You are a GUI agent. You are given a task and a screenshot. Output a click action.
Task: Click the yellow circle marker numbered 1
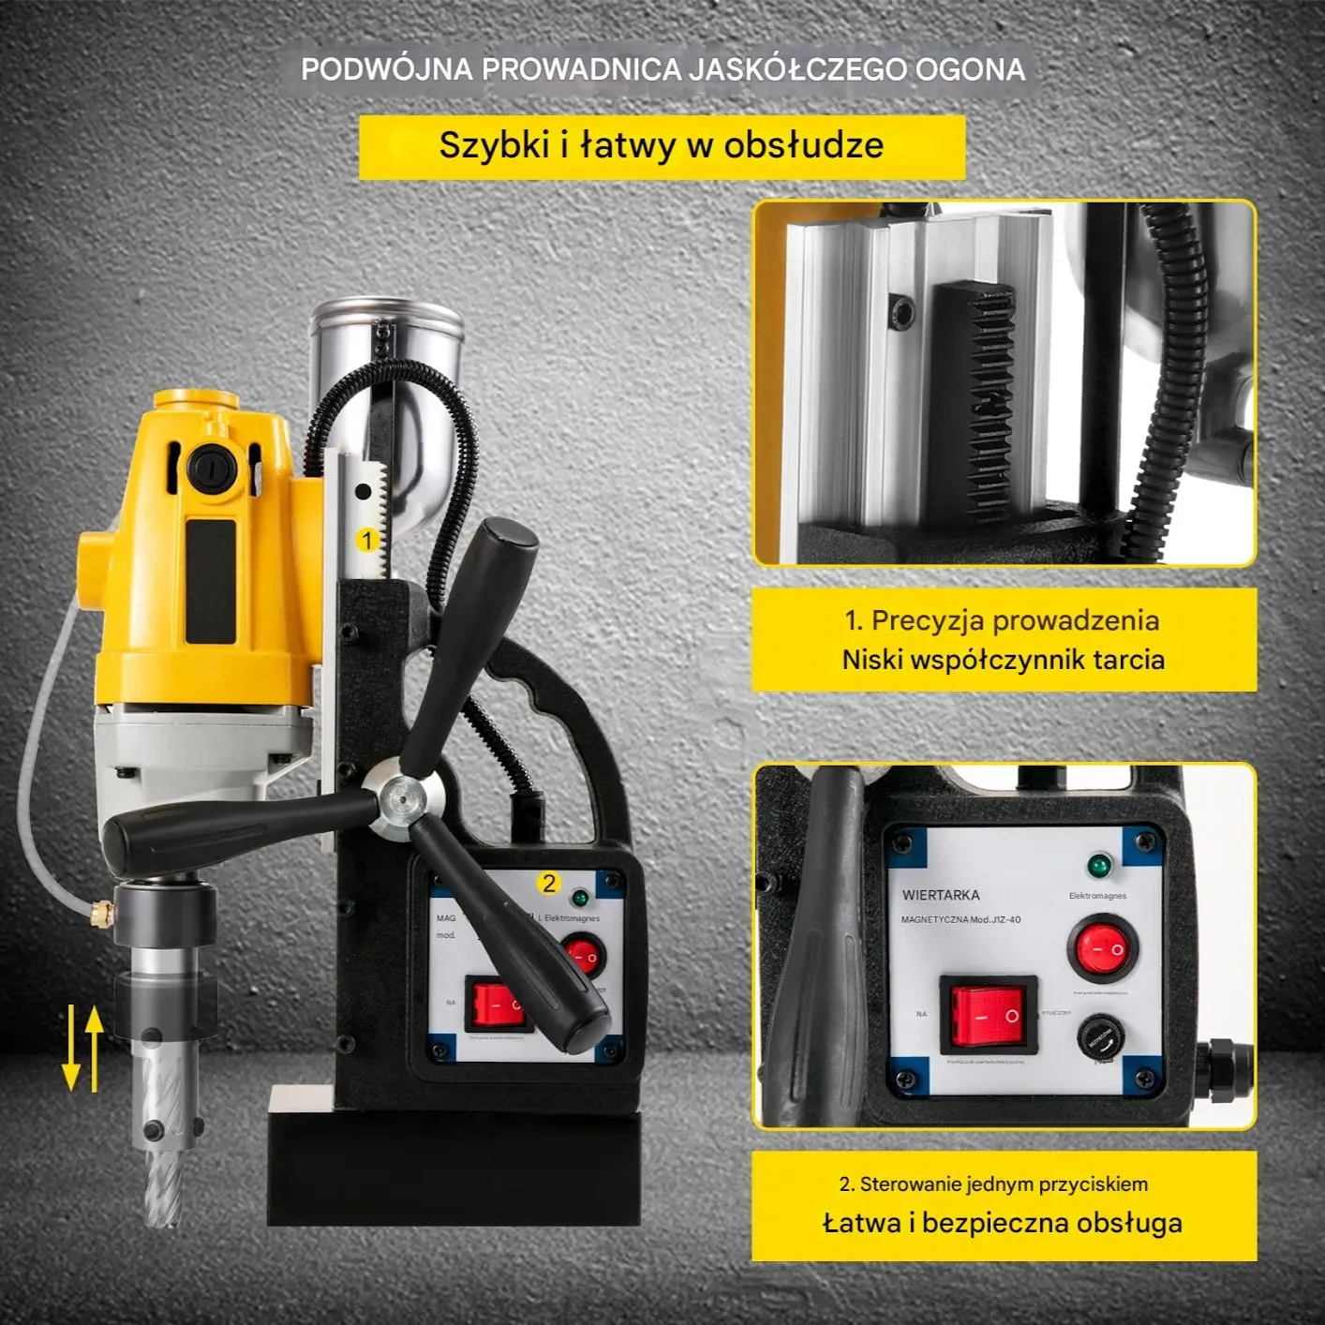[367, 540]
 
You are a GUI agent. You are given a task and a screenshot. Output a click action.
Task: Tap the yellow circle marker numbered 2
[549, 883]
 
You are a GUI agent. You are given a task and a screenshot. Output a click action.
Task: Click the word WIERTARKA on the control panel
[941, 895]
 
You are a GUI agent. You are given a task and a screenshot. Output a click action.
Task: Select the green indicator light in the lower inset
[1098, 865]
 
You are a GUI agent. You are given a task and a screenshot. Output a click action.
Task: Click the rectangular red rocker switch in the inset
[988, 1016]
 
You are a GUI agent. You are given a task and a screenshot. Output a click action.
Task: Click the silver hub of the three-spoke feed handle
[404, 799]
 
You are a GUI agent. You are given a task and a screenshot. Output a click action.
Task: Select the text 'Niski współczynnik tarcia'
[1003, 660]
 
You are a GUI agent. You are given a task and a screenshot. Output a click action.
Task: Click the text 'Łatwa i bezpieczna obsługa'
[1003, 1223]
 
